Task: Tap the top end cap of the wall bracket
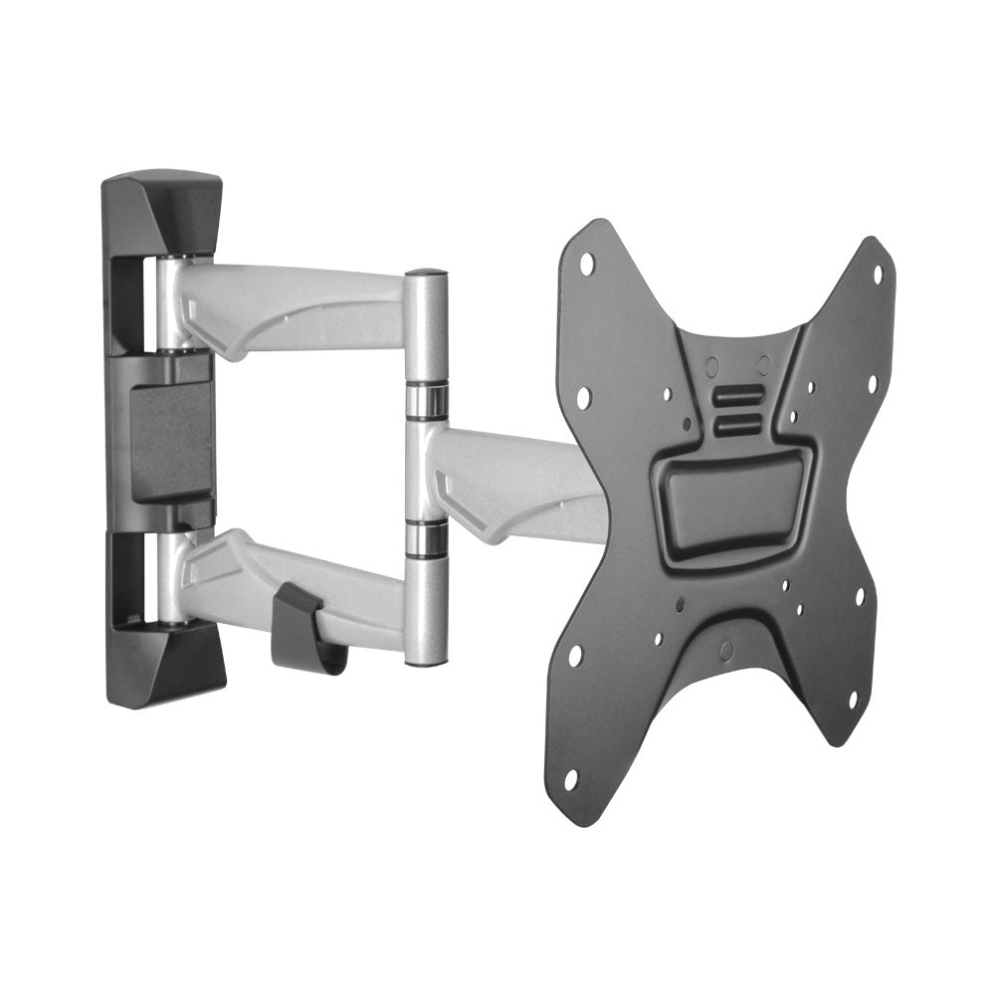[x=163, y=211]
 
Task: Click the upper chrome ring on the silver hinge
[x=426, y=399]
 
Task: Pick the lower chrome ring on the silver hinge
[x=426, y=537]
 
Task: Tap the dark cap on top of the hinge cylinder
[x=426, y=273]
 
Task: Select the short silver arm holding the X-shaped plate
[x=517, y=485]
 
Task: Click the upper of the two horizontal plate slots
[x=738, y=396]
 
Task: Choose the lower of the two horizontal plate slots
[x=738, y=424]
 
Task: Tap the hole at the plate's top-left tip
[x=587, y=264]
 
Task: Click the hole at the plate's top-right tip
[x=877, y=275]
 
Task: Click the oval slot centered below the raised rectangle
[x=726, y=650]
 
